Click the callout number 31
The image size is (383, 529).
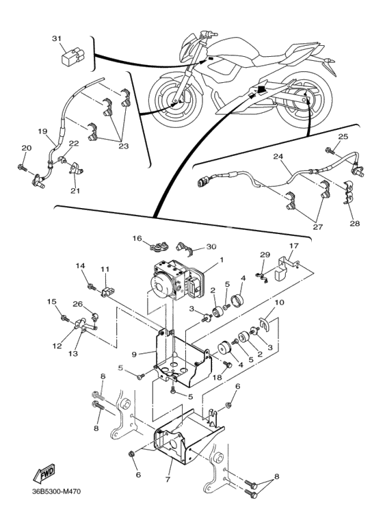click(57, 39)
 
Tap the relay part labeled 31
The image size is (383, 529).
click(71, 57)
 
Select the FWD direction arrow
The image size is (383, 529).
click(44, 473)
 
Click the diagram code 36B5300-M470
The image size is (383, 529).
click(56, 491)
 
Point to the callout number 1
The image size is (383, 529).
click(222, 260)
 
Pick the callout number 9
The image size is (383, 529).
click(134, 354)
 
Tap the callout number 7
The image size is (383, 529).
click(168, 479)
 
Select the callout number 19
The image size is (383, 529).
click(42, 131)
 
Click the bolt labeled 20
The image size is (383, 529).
click(22, 167)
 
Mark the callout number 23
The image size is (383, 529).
click(123, 146)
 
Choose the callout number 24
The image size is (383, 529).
click(278, 157)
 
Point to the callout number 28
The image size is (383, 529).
click(355, 223)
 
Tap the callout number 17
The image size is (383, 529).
click(294, 246)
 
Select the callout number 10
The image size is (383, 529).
click(280, 302)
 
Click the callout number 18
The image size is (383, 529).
click(217, 378)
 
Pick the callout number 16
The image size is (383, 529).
click(137, 239)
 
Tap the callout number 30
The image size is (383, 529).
click(211, 247)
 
